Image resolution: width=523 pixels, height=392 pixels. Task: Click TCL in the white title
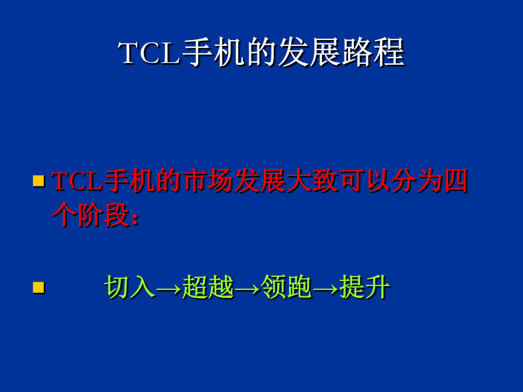point(149,53)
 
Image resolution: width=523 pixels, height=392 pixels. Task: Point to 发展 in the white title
point(309,52)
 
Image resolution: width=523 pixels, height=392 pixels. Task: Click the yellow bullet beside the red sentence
point(39,181)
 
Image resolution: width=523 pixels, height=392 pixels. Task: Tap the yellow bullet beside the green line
point(39,287)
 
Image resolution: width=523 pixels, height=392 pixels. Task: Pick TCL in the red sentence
point(77,181)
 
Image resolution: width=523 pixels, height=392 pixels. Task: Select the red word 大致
point(312,181)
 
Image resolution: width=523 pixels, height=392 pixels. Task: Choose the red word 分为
point(416,181)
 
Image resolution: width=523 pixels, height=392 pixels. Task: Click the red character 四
point(455,181)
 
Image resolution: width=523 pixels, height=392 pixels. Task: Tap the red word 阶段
point(103,215)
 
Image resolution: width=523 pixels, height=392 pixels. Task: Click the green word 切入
point(130,286)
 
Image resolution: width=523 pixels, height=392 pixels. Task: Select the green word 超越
point(208,286)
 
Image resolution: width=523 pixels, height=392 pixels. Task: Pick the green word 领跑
point(286,286)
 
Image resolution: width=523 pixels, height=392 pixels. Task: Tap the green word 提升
point(364,286)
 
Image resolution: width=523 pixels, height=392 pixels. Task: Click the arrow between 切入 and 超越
point(169,289)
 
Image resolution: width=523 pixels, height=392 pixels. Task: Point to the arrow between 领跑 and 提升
point(325,289)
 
